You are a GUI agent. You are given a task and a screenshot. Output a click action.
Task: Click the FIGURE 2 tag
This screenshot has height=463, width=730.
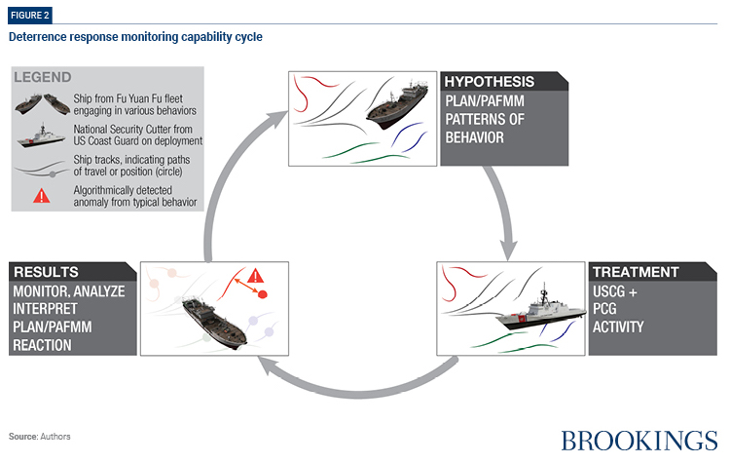point(29,15)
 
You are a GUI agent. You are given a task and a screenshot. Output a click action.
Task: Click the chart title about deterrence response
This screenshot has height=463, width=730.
point(135,37)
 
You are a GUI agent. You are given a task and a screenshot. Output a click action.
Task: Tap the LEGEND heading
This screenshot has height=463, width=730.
point(45,77)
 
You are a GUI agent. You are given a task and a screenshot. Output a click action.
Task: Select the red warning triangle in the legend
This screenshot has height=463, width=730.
point(41,194)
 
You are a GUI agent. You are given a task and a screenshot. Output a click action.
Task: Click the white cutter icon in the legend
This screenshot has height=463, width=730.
point(41,138)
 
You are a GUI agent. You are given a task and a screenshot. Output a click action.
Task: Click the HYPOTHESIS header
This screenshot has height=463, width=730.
point(490,83)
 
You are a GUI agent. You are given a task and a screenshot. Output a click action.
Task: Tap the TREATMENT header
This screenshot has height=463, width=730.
point(634,273)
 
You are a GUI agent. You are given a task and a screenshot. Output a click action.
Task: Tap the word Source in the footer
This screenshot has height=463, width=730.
point(23,436)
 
